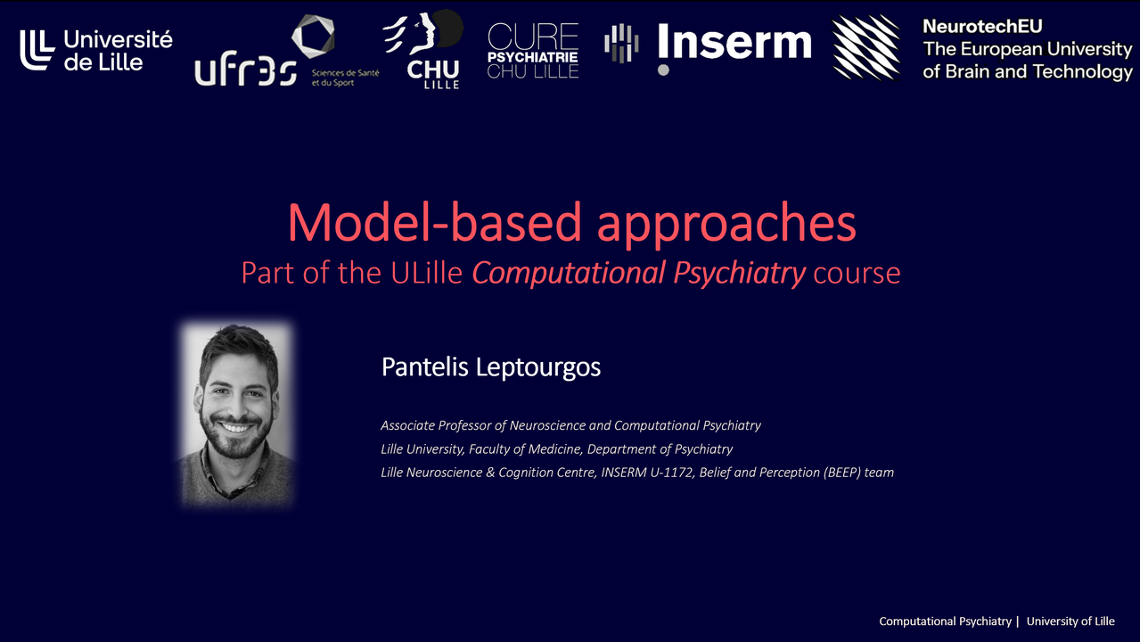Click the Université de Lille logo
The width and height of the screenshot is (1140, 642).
96,50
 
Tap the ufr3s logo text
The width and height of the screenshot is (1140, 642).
245,69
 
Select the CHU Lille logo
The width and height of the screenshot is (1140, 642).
425,49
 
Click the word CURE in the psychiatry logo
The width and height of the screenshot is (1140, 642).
533,37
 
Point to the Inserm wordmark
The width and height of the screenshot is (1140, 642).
734,42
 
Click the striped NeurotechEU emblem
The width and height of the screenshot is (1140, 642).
866,47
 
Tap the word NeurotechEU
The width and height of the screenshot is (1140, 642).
983,26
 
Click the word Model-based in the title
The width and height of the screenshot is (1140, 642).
434,223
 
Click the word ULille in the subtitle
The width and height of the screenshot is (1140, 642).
426,273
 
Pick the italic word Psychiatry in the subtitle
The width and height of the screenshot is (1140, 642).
740,274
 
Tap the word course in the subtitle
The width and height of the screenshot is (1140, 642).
857,275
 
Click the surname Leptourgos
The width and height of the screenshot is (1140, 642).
538,367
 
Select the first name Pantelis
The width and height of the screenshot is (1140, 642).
425,366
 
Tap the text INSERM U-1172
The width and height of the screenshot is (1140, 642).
647,473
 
